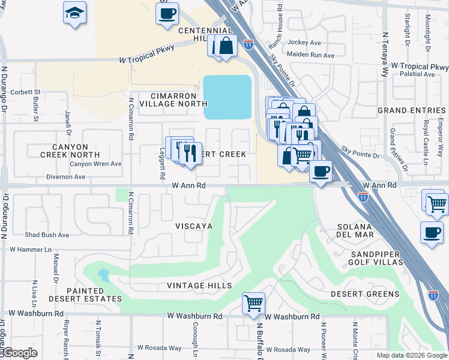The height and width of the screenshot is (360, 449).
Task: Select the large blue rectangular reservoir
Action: click(228, 97)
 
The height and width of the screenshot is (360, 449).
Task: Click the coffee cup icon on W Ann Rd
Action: click(321, 171)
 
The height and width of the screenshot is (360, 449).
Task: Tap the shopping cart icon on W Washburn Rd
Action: click(254, 303)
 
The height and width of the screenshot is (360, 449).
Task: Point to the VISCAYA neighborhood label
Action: click(194, 226)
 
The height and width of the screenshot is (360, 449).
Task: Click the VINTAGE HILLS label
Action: click(199, 286)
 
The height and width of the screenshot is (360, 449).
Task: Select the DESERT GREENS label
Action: click(365, 294)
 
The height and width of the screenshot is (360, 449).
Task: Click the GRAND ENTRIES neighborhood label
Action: click(411, 110)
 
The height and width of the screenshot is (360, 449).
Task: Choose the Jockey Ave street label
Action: click(304, 43)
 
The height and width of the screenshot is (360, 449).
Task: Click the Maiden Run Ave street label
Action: click(311, 55)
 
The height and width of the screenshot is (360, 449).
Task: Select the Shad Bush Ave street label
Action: click(47, 235)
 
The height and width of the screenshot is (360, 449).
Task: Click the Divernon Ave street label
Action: click(65, 177)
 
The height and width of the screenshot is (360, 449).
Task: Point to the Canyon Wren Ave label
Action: click(95, 164)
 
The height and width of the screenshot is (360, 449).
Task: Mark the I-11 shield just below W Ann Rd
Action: click(363, 196)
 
